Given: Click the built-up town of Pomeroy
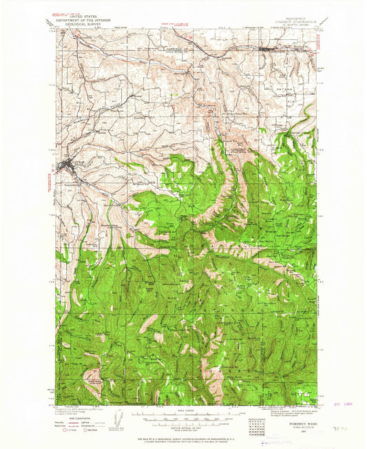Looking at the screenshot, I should [x=269, y=50].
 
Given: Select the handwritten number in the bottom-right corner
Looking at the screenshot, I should [x=335, y=428].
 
